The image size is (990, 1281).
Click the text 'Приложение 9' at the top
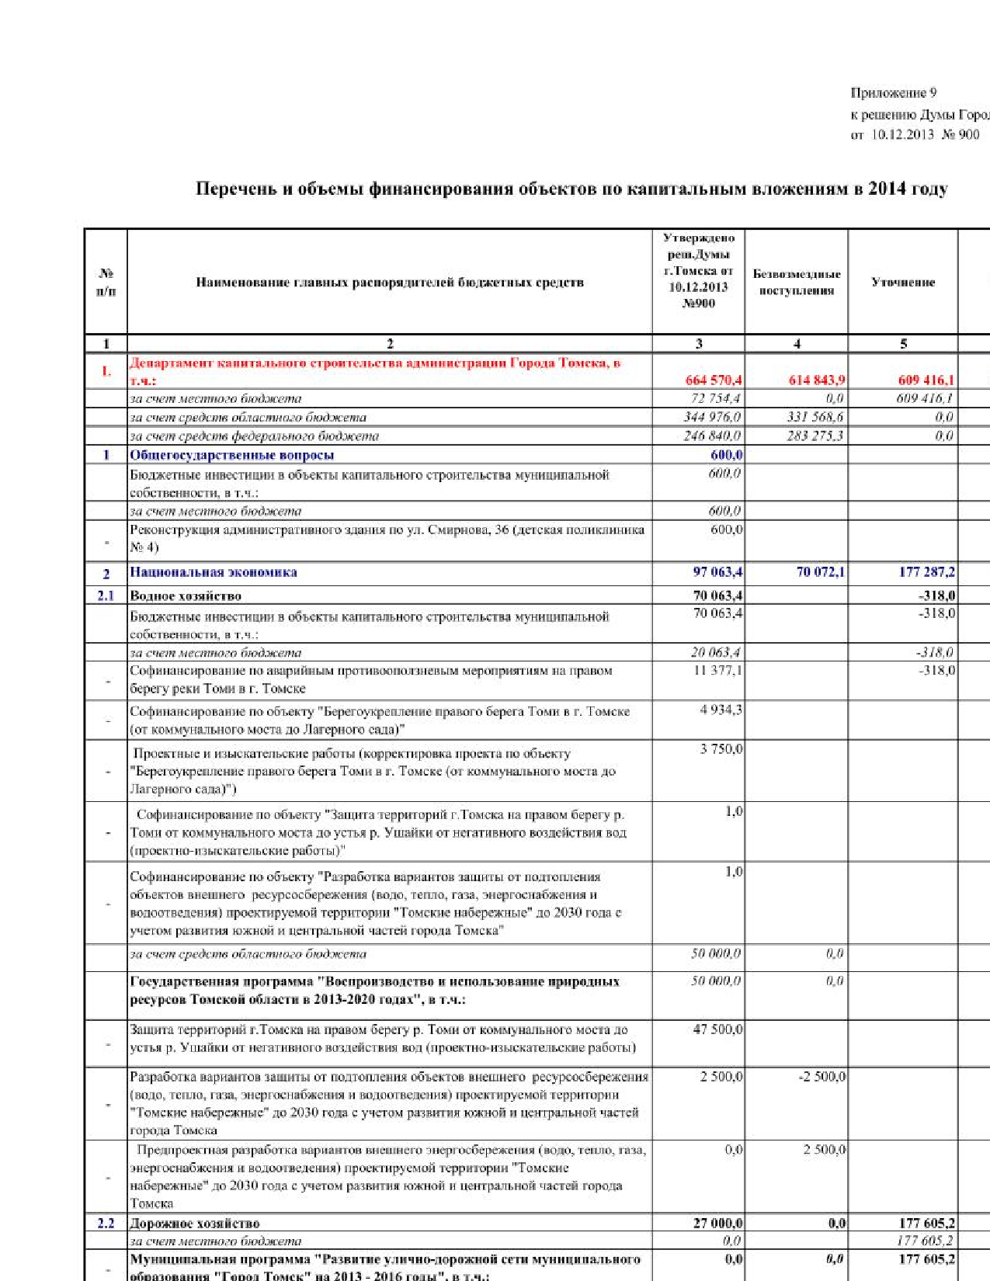tap(893, 93)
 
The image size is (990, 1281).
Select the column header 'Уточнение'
tap(903, 283)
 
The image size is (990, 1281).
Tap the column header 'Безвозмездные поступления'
tap(797, 283)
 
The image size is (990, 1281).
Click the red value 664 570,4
tap(713, 380)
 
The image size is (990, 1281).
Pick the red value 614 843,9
tap(817, 380)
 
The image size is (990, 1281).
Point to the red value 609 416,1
tap(926, 380)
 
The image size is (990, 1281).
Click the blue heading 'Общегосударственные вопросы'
tap(231, 455)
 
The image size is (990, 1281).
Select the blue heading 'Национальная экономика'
tap(214, 572)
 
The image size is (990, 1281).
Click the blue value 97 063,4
tap(717, 572)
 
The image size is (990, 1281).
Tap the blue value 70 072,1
tap(821, 572)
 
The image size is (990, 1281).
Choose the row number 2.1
tap(106, 596)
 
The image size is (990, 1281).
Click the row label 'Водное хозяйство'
tap(186, 596)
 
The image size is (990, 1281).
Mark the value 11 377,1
tap(717, 670)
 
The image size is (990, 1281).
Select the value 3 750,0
tap(721, 749)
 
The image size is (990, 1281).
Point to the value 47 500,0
tap(717, 1029)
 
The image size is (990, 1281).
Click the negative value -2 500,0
tap(822, 1077)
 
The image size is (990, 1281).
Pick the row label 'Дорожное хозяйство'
tap(195, 1224)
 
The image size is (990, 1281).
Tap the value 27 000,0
tap(717, 1224)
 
